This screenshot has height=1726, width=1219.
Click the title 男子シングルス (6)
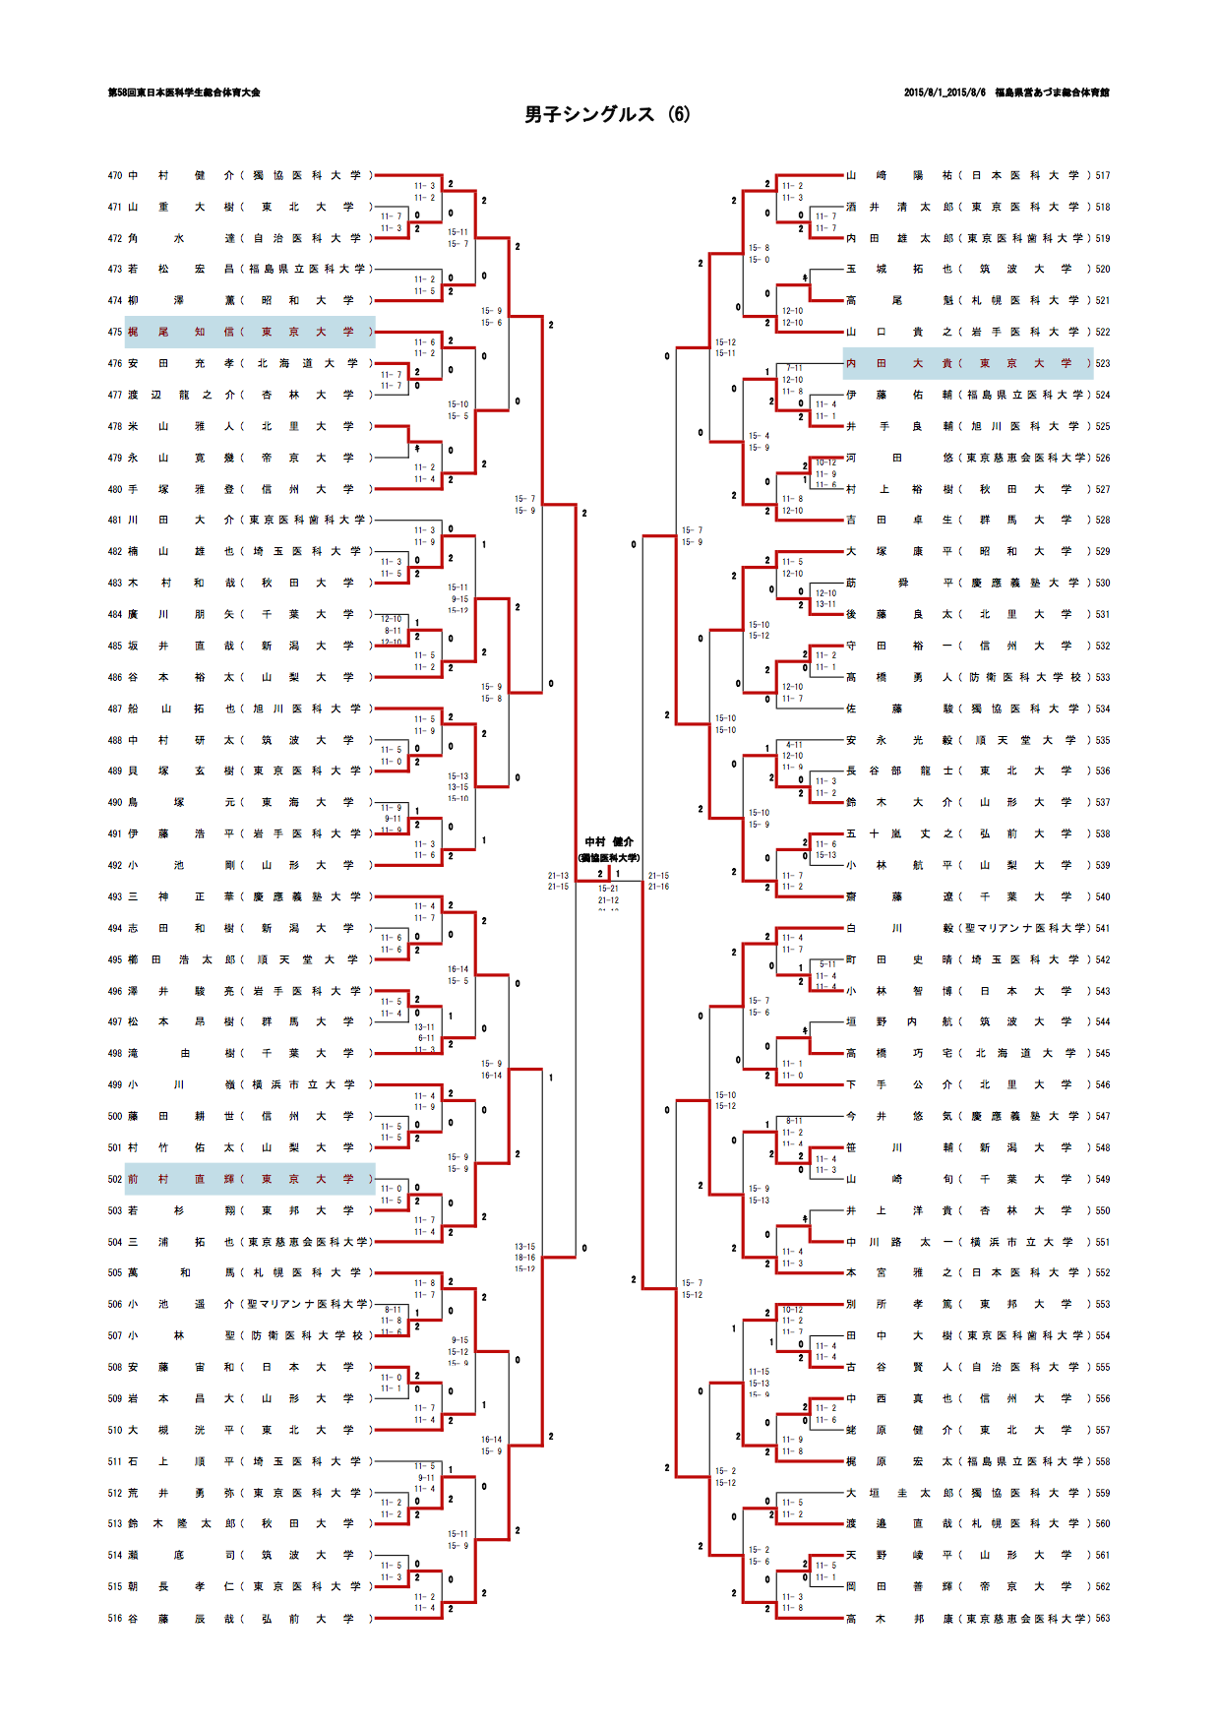607,114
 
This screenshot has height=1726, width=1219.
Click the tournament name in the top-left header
184,92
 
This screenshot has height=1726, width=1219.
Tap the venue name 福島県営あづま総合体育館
1052,92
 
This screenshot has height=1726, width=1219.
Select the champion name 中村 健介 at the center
609,841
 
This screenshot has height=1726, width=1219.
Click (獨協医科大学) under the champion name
609,857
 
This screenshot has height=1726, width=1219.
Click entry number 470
115,176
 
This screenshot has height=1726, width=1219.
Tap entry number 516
115,1618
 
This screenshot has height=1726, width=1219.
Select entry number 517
1103,176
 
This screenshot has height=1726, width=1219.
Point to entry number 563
1103,1618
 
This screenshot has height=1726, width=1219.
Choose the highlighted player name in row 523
900,364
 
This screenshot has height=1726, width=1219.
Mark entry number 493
115,896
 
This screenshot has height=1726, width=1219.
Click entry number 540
1103,896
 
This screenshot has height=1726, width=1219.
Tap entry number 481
115,521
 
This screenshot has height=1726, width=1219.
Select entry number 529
1103,552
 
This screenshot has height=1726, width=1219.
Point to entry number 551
1103,1242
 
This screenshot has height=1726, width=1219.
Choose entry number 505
115,1272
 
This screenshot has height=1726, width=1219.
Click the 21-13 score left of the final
558,875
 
